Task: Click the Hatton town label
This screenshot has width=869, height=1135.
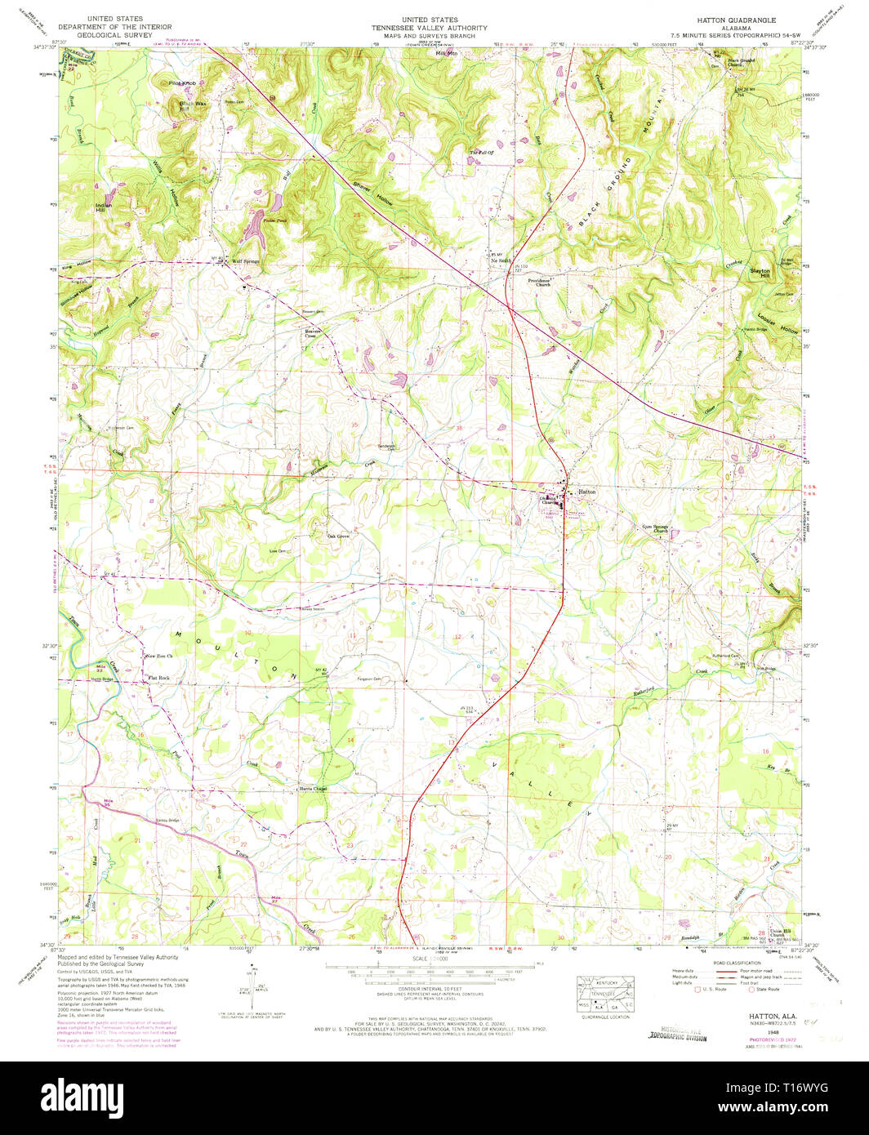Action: click(x=587, y=492)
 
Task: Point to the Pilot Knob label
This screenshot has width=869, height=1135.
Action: click(x=182, y=83)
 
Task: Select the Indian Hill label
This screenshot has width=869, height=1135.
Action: click(x=101, y=207)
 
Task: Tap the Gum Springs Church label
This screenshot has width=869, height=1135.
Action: click(x=655, y=528)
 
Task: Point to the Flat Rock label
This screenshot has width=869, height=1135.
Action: click(x=158, y=678)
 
